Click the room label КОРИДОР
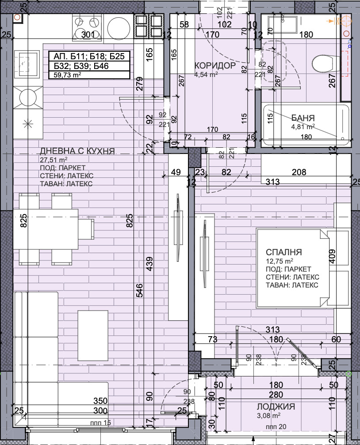click(x=215, y=65)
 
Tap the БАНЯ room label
click(x=303, y=118)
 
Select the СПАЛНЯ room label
click(x=283, y=252)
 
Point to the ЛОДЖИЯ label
click(x=276, y=407)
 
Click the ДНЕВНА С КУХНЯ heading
click(x=77, y=151)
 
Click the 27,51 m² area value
click(x=54, y=159)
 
